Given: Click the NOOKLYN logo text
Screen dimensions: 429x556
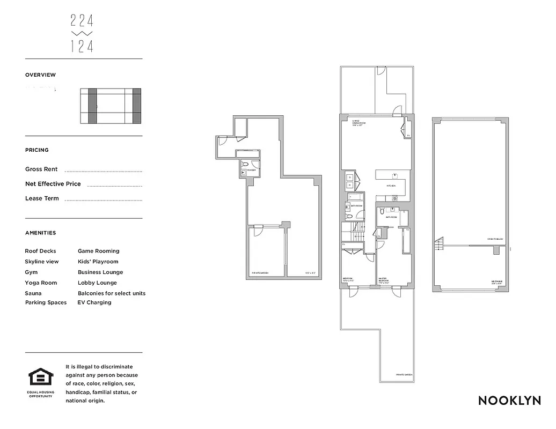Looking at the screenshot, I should [x=509, y=401].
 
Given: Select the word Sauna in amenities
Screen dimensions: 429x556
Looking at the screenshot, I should [x=33, y=293].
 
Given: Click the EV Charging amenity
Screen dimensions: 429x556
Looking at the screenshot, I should [x=94, y=302].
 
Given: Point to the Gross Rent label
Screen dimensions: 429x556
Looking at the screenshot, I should [x=41, y=169].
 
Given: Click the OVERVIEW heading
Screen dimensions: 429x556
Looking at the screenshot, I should [x=40, y=75].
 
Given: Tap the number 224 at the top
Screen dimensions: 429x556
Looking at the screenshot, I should [x=82, y=21].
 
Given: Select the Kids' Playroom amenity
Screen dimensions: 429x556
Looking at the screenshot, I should [x=98, y=262].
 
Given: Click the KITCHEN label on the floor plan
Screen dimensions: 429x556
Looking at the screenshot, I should [x=391, y=186].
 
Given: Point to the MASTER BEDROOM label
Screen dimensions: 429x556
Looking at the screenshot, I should [x=383, y=279].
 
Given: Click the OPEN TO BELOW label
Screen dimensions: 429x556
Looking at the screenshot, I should [x=495, y=239].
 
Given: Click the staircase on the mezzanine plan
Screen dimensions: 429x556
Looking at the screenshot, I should [x=440, y=246].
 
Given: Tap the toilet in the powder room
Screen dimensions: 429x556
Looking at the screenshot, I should [x=244, y=164].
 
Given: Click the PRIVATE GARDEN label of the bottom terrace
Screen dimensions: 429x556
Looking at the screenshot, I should [x=404, y=375].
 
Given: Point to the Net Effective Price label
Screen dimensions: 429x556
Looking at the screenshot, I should [x=53, y=184].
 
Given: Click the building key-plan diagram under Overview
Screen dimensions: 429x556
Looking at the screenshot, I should [x=111, y=106].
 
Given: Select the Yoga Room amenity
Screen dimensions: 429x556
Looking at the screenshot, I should [x=40, y=283].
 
